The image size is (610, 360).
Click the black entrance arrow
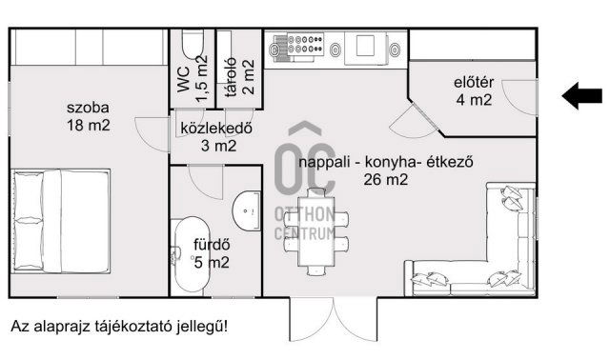tap(581, 94)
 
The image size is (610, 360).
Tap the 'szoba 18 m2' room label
tap(88, 115)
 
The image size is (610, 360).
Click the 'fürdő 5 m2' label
tap(212, 252)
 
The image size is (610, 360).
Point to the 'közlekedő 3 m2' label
tap(214, 137)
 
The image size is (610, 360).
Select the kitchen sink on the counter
tap(367, 46)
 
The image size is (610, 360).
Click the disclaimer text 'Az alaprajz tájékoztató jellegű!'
tap(119, 327)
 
